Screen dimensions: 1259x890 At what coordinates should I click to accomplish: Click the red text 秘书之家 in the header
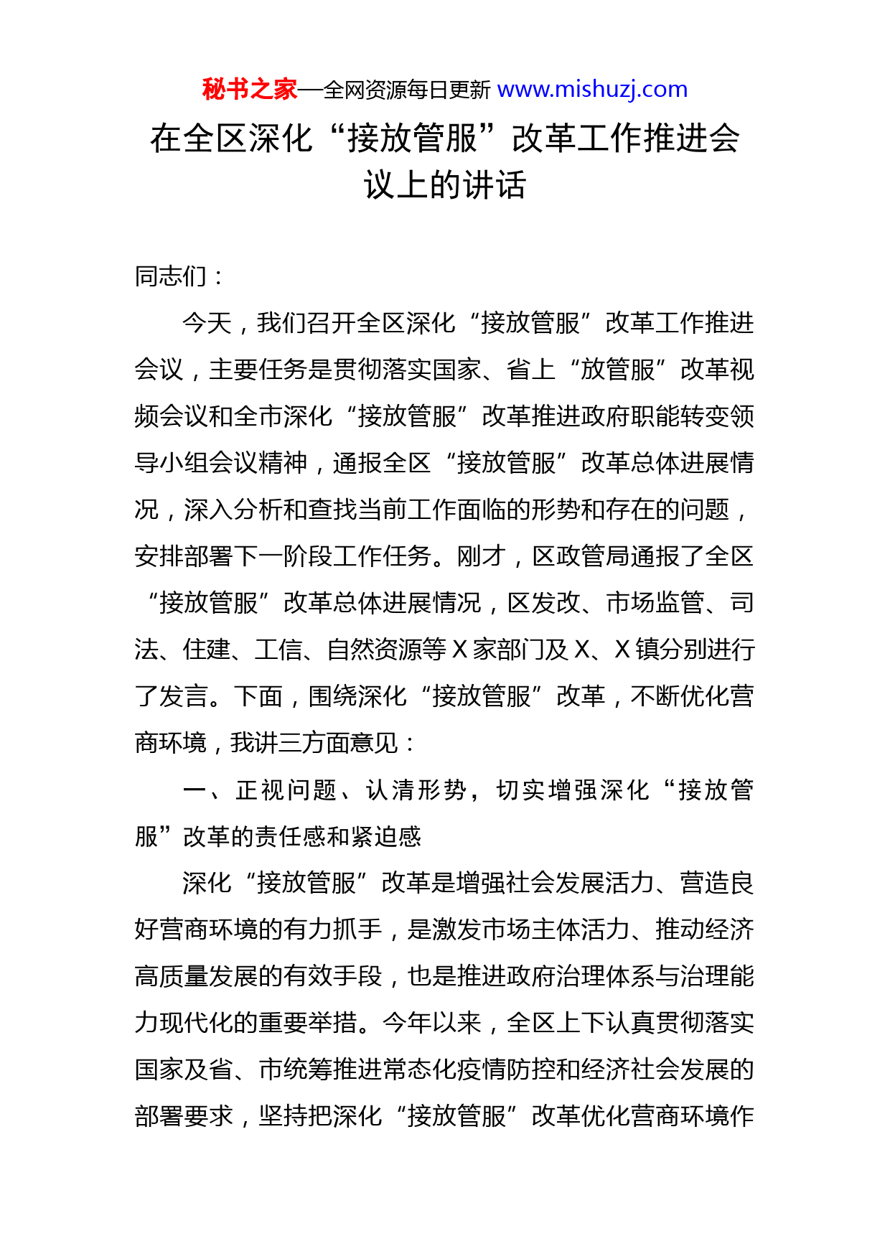(249, 90)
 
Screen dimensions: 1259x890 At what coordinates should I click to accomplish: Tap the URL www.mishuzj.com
(592, 90)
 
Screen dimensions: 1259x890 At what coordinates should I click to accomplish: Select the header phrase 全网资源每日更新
(407, 90)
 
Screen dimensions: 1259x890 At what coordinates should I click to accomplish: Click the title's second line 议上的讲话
(445, 185)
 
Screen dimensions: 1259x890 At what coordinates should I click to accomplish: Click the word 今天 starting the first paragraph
(207, 323)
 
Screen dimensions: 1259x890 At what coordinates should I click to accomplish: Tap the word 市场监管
(655, 603)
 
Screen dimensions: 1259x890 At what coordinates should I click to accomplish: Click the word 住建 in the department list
(207, 650)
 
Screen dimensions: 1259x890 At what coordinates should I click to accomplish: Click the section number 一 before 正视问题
(195, 790)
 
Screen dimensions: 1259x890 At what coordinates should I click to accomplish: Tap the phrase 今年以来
(431, 1023)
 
